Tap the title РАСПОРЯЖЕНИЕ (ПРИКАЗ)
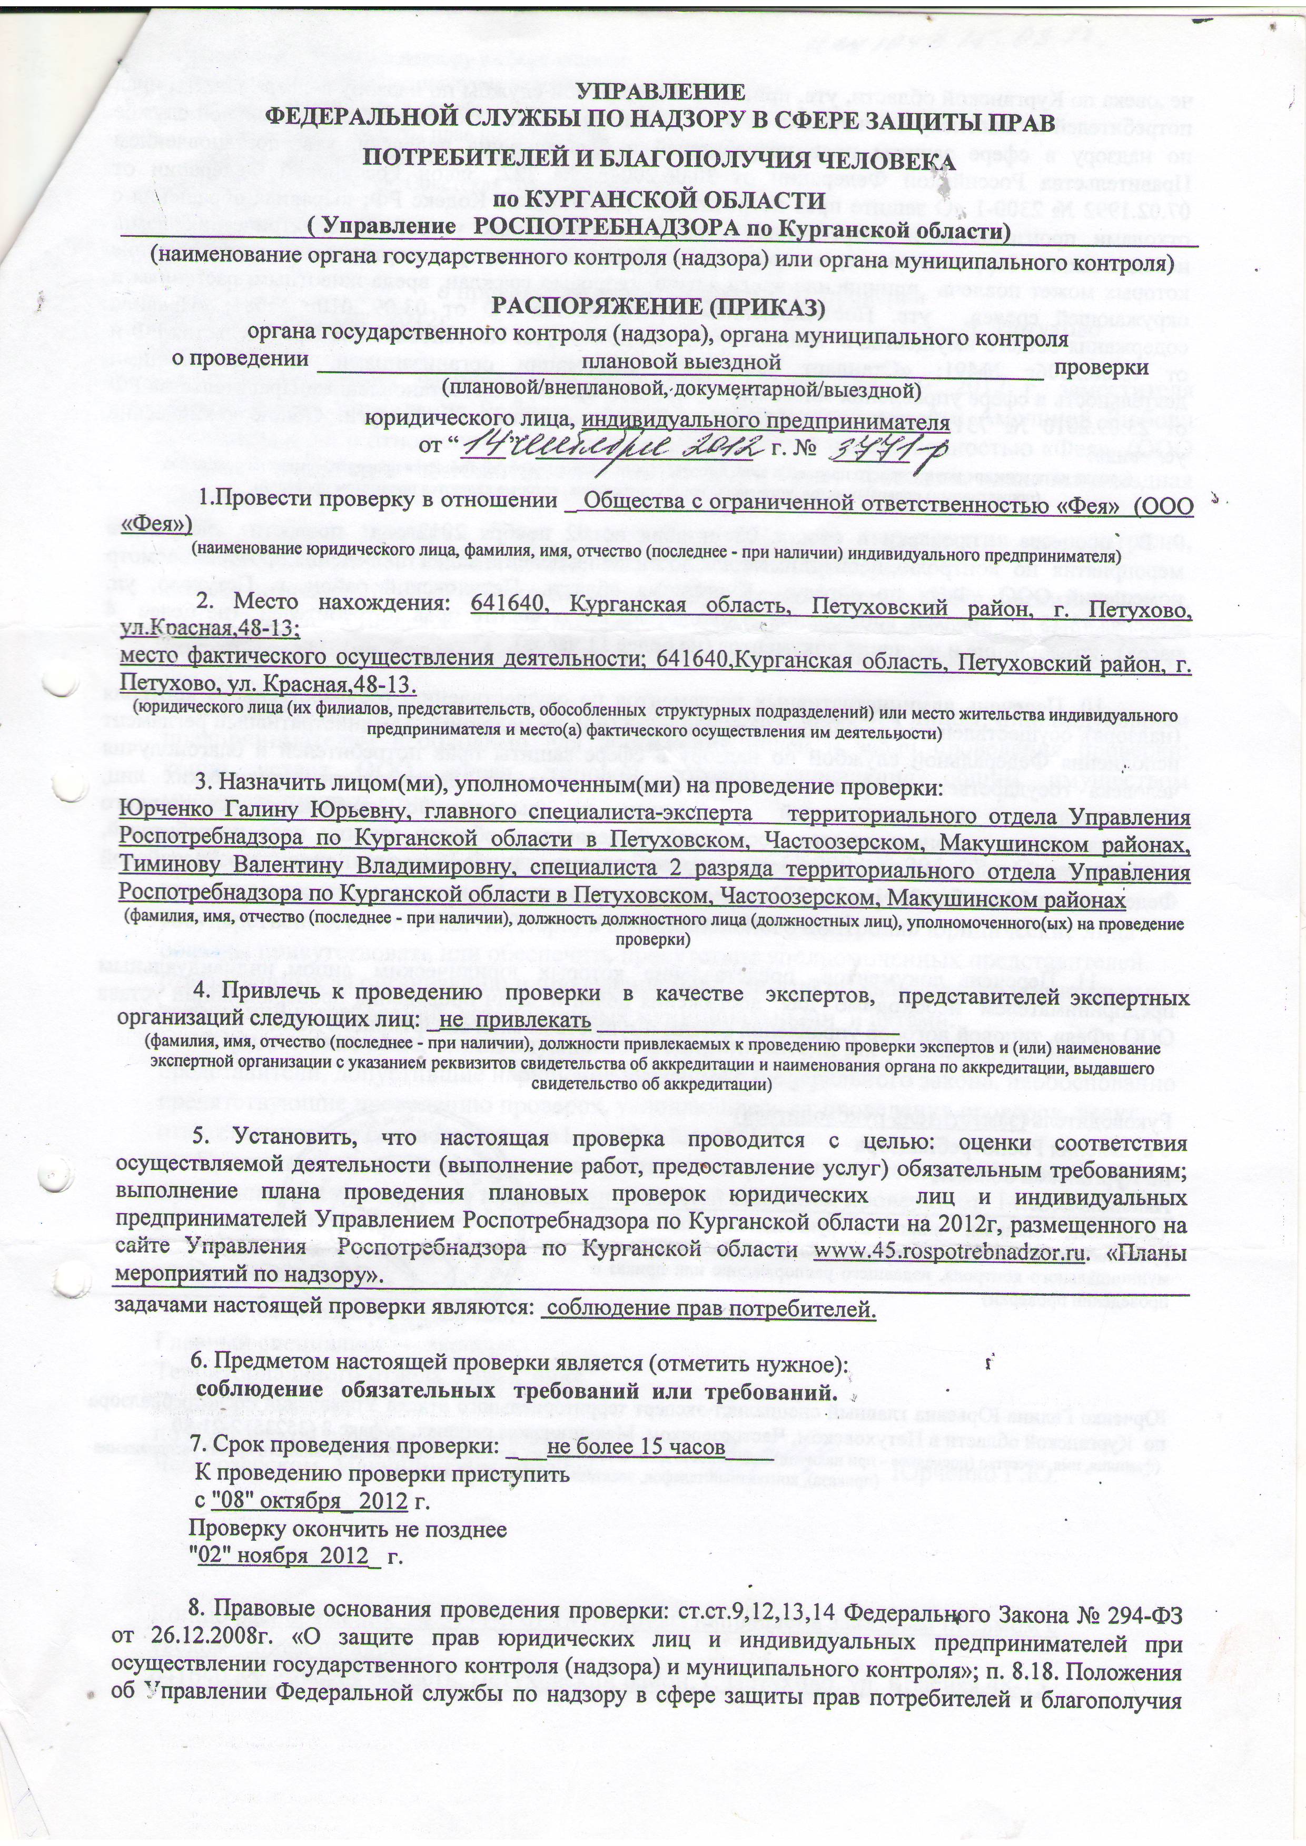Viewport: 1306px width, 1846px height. click(659, 308)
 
